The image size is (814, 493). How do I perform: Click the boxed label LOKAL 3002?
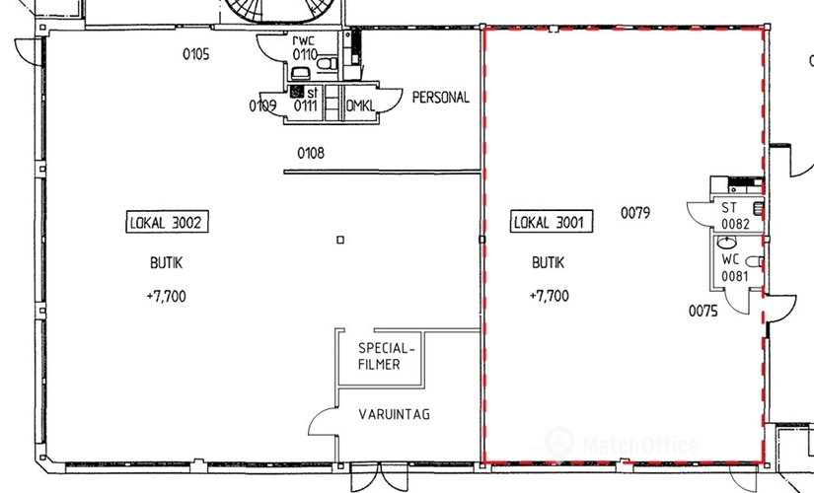coord(166,222)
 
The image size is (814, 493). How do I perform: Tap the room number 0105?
coord(195,54)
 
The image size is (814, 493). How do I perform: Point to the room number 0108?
coord(311,153)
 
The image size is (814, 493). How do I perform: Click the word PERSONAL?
coord(440,98)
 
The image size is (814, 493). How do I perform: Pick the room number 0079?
coord(635,211)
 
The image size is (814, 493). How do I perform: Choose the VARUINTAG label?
coord(395,415)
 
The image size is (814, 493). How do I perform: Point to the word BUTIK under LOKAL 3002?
coord(162,263)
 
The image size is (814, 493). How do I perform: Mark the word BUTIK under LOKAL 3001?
coord(548,263)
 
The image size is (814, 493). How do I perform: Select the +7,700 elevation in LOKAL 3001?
coord(548,295)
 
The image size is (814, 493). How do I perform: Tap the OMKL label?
coord(359,106)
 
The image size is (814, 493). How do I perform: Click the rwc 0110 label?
coord(304,47)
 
